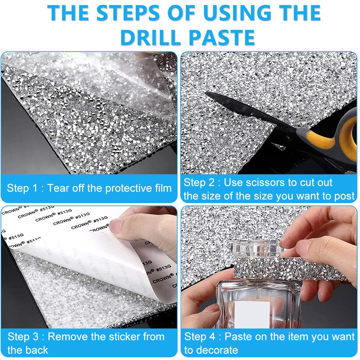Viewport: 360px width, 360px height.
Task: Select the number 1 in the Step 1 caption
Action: coord(35,188)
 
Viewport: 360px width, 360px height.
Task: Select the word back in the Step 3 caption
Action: coord(38,350)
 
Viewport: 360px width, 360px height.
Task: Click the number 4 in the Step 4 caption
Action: coord(212,337)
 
